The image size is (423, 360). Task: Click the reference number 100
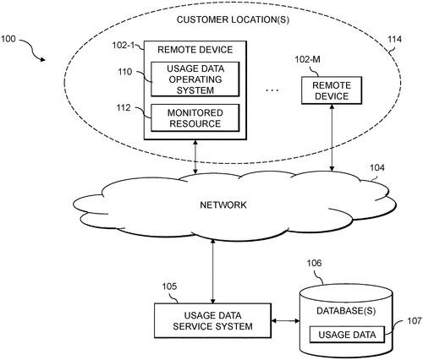(8, 39)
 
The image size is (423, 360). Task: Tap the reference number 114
(394, 39)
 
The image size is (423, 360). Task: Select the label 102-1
(124, 45)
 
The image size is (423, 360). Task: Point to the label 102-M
(307, 59)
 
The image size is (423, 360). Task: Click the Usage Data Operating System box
(195, 79)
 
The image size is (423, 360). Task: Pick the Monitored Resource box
(195, 118)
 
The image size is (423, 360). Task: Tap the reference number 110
(124, 72)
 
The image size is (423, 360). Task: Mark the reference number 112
(124, 107)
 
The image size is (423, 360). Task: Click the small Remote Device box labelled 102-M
(332, 90)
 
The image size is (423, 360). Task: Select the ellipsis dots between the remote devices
(272, 90)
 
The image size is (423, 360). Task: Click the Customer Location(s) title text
(233, 19)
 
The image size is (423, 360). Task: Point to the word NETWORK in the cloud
(223, 205)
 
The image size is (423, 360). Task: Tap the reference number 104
(376, 167)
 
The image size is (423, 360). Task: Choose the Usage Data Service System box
(212, 320)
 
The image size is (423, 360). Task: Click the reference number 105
(169, 286)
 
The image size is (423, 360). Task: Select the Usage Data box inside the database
(347, 335)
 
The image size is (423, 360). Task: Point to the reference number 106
(314, 263)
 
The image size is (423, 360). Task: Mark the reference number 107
(414, 321)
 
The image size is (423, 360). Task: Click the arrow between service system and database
(285, 320)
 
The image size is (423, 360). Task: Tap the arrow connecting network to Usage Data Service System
(213, 271)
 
